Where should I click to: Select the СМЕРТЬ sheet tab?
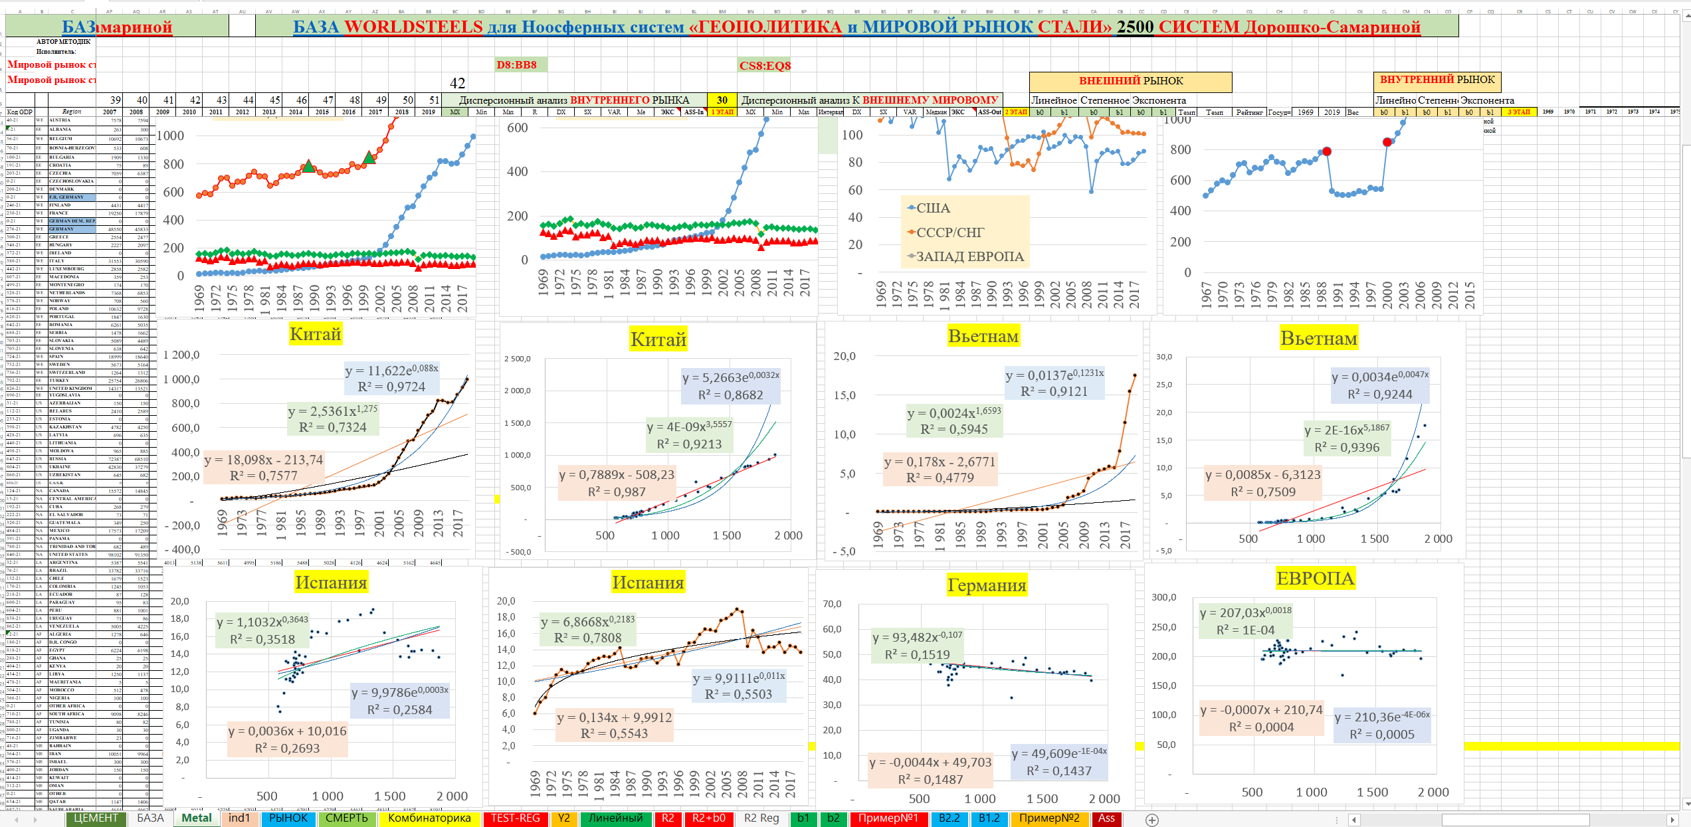346,818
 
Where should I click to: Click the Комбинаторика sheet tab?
429,818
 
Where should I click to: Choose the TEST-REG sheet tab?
515,818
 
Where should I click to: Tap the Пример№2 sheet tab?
1049,818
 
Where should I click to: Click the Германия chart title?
986,585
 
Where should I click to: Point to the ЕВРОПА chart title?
1314,579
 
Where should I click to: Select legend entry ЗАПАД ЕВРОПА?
969,256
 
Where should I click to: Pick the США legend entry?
933,208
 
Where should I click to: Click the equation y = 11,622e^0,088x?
391,371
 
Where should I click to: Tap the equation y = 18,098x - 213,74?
264,460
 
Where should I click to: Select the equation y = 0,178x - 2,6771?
940,462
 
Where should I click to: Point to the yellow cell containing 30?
722,100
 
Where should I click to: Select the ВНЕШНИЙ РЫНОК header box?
1130,81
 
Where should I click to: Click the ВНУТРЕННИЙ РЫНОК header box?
1437,80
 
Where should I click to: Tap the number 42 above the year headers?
457,83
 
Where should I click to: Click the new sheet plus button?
1152,820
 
